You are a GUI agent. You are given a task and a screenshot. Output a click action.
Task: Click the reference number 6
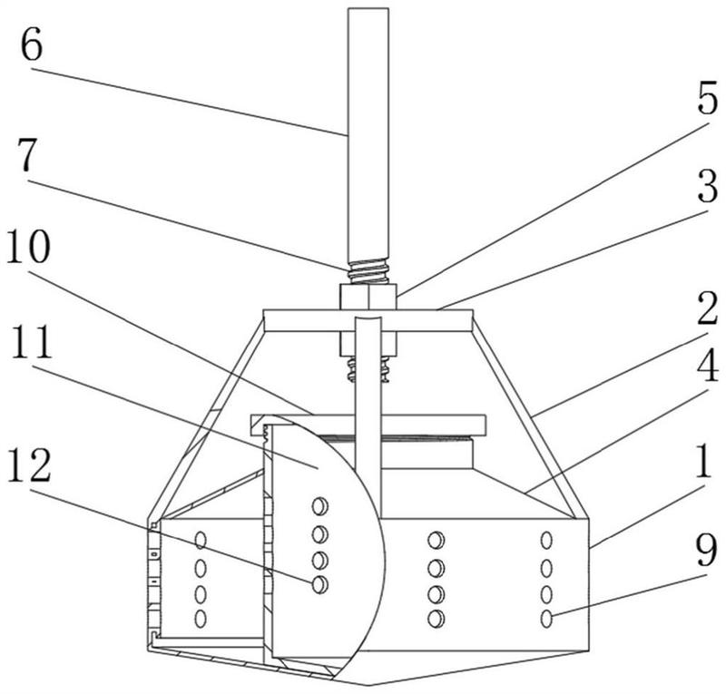(31, 46)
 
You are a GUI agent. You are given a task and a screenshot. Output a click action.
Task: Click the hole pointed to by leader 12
(319, 584)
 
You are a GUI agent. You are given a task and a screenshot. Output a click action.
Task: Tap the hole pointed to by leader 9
(546, 619)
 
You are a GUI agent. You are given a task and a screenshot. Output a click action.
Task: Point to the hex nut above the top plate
(368, 297)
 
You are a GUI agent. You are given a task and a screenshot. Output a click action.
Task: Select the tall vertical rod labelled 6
(368, 136)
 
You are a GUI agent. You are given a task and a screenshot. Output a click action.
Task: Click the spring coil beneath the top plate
(367, 367)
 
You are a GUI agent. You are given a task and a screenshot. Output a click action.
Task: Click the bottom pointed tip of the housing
(368, 683)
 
